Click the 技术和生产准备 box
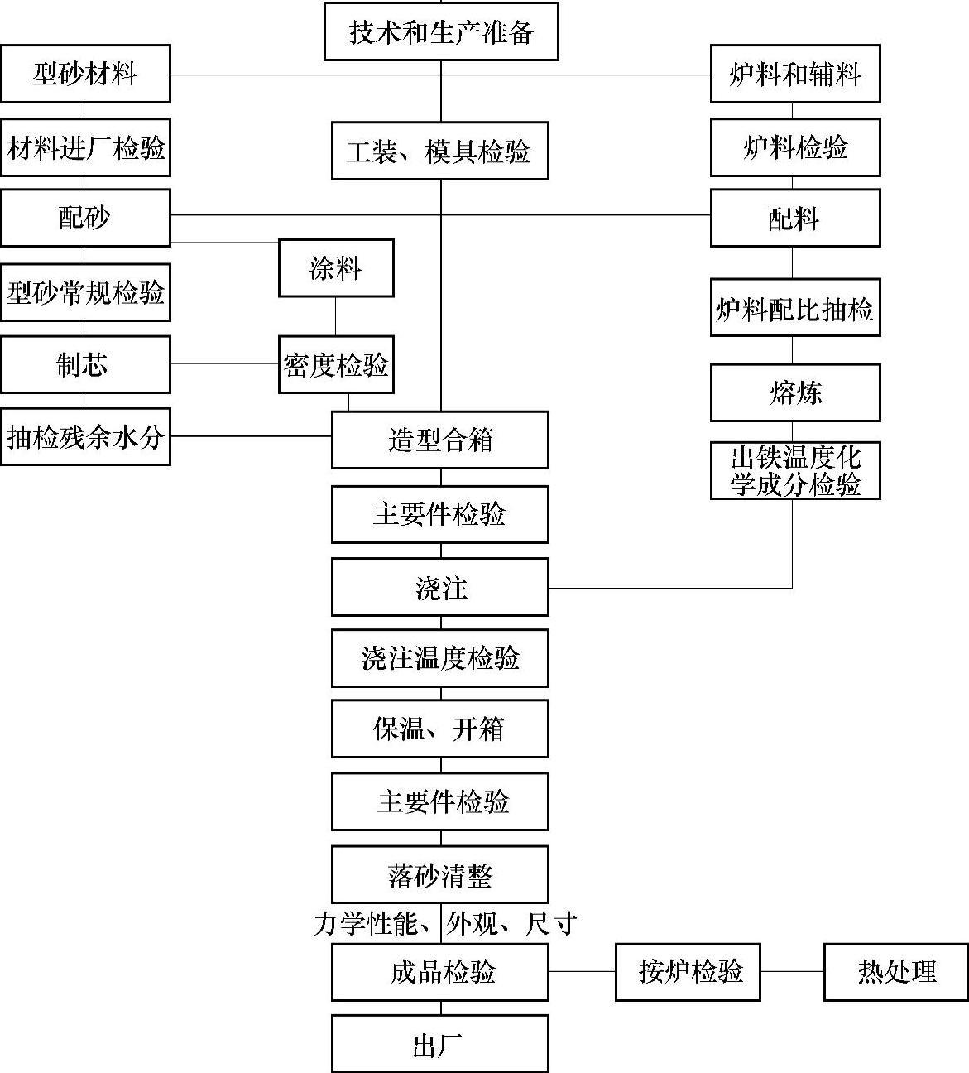click(x=440, y=31)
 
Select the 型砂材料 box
click(x=85, y=74)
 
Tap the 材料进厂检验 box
click(x=85, y=147)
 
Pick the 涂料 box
click(x=335, y=267)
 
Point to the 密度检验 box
click(x=335, y=364)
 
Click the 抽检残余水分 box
click(x=85, y=436)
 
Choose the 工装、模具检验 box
click(x=439, y=151)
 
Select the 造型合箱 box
click(x=439, y=440)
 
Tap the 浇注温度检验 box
click(x=439, y=658)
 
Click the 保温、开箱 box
click(x=439, y=729)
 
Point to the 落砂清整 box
click(x=439, y=874)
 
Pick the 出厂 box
click(x=439, y=1044)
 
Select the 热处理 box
click(x=895, y=971)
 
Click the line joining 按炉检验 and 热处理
click(x=792, y=971)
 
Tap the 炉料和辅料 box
click(x=794, y=74)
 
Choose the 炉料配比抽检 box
click(x=794, y=309)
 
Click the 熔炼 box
click(x=794, y=392)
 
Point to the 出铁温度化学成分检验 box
click(x=794, y=470)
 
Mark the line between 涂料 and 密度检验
click(x=335, y=316)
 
